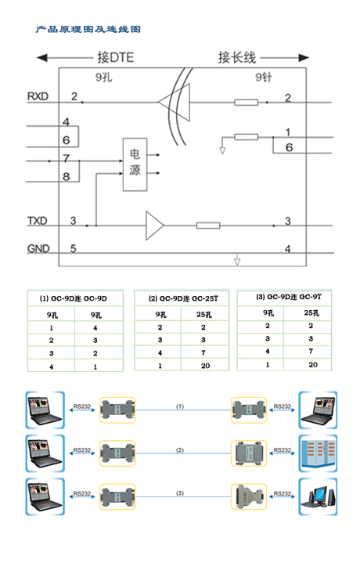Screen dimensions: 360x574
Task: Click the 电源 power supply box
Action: click(x=135, y=164)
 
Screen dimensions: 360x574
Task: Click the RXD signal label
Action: click(x=38, y=96)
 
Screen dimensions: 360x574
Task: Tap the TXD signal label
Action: click(x=38, y=221)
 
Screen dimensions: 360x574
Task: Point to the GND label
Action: click(x=38, y=248)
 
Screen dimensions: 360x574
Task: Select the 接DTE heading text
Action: click(x=115, y=57)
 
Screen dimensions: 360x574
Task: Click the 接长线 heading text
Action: click(x=236, y=57)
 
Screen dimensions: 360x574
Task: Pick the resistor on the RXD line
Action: click(x=247, y=102)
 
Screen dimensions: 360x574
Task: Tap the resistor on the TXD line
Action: click(x=208, y=226)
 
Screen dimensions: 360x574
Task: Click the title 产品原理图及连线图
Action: click(x=88, y=29)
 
